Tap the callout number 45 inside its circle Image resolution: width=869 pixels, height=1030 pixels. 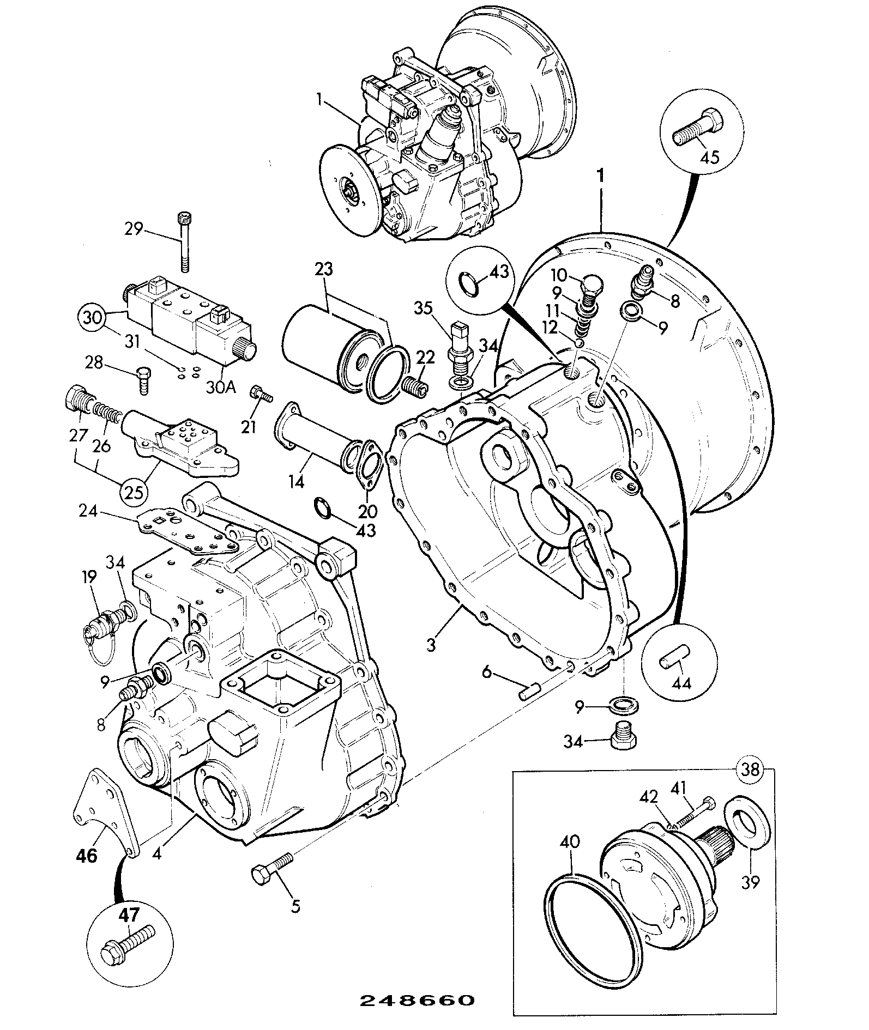coord(709,157)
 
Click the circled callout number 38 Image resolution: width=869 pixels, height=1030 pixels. coord(751,770)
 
